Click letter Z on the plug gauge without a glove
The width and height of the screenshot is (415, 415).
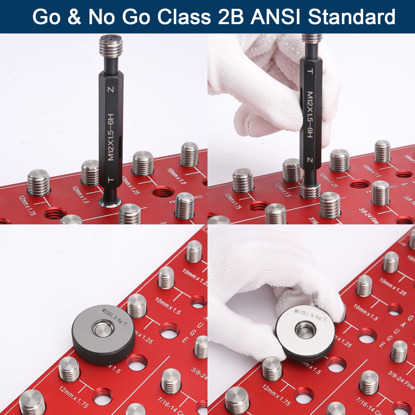[111, 90]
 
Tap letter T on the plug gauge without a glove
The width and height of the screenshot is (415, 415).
[111, 179]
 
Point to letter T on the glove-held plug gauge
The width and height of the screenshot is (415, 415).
[310, 71]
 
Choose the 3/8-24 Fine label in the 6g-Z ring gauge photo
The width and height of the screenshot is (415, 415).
[401, 380]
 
